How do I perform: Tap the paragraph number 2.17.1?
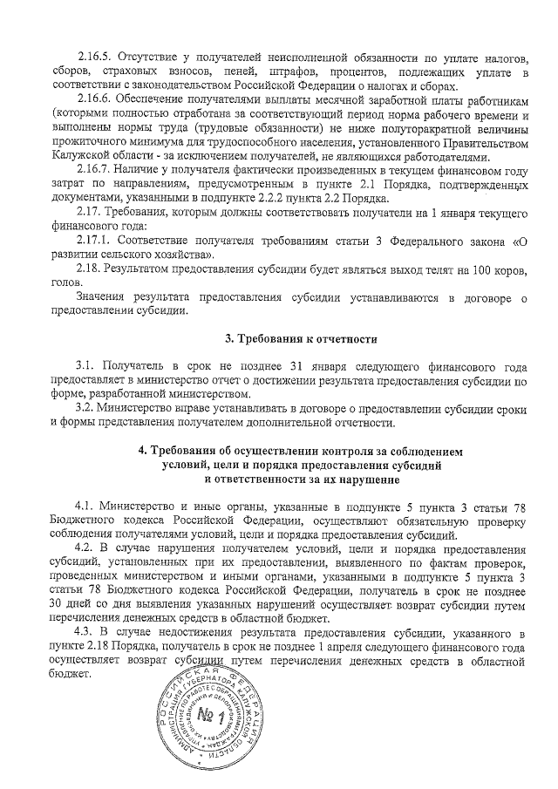[93, 240]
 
